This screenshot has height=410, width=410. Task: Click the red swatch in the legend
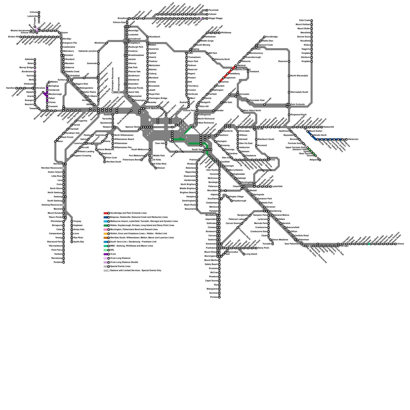point(106,213)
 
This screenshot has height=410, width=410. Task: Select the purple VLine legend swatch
point(106,254)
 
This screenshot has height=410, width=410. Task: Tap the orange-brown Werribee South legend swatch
point(106,238)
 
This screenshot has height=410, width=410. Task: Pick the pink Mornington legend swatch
point(106,230)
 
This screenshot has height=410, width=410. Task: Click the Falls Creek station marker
point(312,20)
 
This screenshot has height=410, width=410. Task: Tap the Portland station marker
point(64,262)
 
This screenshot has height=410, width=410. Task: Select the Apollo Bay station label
point(79,242)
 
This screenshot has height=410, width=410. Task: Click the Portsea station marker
point(219,297)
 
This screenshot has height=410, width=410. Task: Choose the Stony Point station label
point(263,248)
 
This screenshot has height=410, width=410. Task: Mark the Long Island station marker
point(244,254)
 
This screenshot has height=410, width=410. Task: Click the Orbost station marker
point(396,244)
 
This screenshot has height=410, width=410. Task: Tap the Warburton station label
point(353,139)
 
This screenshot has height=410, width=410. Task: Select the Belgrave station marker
point(320,160)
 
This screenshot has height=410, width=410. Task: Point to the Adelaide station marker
point(35,59)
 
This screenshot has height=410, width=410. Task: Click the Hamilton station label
point(11,88)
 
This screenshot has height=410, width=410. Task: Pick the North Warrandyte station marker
point(289,76)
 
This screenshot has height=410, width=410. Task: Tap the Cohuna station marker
point(39,12)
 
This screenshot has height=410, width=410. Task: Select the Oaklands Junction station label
point(88,51)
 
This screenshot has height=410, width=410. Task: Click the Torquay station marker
point(72,221)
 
